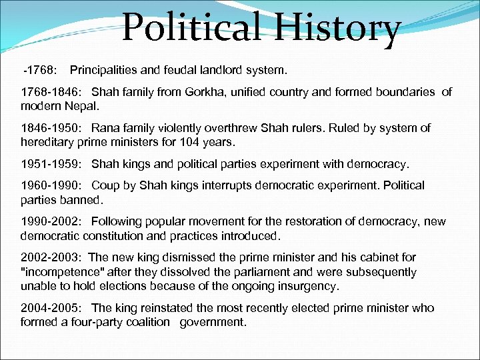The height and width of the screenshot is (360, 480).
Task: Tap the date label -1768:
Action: click(41, 70)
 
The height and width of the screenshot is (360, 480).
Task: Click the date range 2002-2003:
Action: click(51, 257)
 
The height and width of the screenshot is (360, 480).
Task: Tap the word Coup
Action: click(105, 185)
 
